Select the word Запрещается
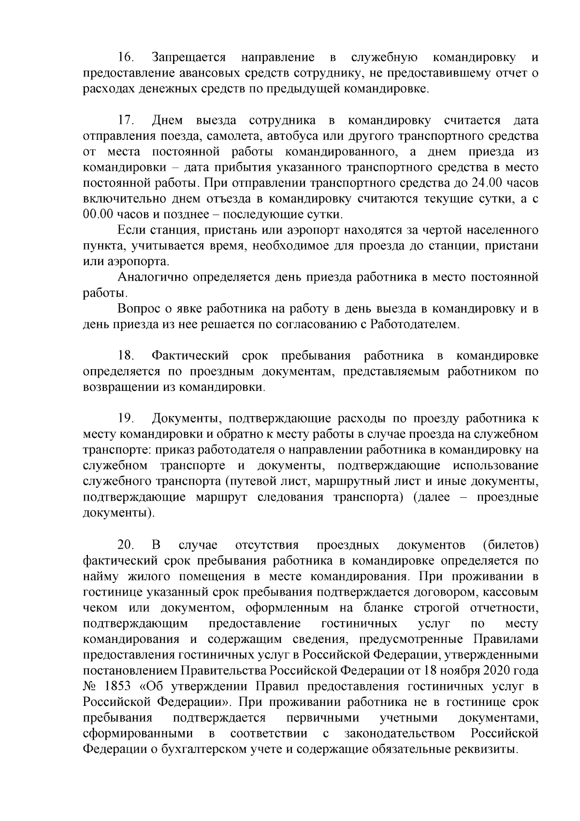189,58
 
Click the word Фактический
189,356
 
